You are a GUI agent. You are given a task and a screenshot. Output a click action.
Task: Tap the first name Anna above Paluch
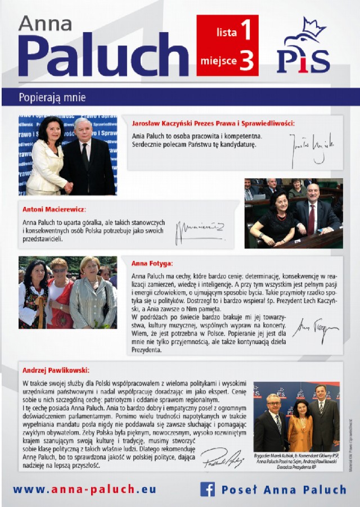click(x=45, y=24)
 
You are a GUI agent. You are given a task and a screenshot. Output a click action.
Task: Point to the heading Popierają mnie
click(x=52, y=97)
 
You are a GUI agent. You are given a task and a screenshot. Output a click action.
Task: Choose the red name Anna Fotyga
click(x=152, y=263)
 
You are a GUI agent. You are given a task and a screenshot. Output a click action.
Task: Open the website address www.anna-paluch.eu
click(x=84, y=489)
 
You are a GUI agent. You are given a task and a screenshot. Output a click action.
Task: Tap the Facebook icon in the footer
click(x=208, y=489)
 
